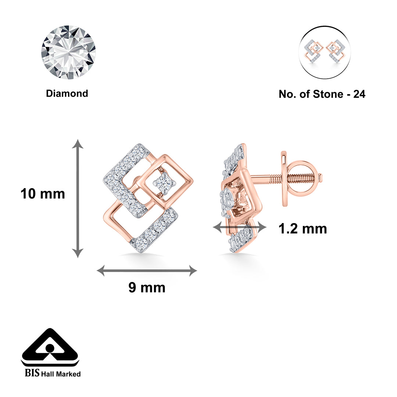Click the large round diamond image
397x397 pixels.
click(x=68, y=52)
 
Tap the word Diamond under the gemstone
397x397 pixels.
click(x=67, y=93)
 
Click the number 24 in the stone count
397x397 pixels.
click(x=359, y=94)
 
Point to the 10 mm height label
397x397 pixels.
click(x=43, y=194)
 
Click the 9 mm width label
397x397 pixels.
click(x=147, y=287)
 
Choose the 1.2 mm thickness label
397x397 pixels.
click(x=302, y=229)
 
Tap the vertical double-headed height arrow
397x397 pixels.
click(x=78, y=198)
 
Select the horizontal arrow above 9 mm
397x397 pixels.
click(x=147, y=271)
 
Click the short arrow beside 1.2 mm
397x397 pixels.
click(x=239, y=228)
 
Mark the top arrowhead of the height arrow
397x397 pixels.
click(x=78, y=143)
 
